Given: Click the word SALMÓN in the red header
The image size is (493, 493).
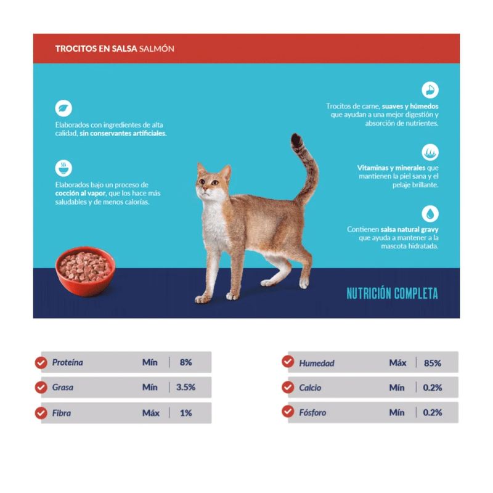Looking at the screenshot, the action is pyautogui.click(x=157, y=49).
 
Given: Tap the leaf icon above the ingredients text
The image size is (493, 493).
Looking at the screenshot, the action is pyautogui.click(x=63, y=108).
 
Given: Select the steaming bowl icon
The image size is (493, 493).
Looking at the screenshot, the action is pyautogui.click(x=63, y=168).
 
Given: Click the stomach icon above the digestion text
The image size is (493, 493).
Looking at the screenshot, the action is pyautogui.click(x=430, y=90).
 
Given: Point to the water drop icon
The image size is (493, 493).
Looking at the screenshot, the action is pyautogui.click(x=430, y=213).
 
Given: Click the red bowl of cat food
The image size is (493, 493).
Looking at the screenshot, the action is pyautogui.click(x=85, y=272).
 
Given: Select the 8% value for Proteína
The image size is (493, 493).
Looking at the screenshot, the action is pyautogui.click(x=186, y=362).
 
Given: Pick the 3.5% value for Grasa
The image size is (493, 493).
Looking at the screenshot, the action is pyautogui.click(x=186, y=387).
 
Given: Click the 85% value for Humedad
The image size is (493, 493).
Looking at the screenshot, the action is pyautogui.click(x=433, y=363).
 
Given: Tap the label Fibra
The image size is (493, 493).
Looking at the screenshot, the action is pyautogui.click(x=61, y=413).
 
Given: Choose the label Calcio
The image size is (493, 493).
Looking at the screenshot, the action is pyautogui.click(x=310, y=388).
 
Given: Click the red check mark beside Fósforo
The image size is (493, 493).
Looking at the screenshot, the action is pyautogui.click(x=288, y=411).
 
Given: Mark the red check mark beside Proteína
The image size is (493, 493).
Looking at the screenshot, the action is pyautogui.click(x=41, y=362).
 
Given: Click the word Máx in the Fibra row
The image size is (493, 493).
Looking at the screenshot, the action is pyautogui.click(x=151, y=413).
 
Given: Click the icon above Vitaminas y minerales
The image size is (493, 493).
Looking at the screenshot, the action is pyautogui.click(x=430, y=152).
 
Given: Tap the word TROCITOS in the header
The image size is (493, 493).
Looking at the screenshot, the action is pyautogui.click(x=76, y=49).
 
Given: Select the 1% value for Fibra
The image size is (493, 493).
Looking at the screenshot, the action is pyautogui.click(x=186, y=413).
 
